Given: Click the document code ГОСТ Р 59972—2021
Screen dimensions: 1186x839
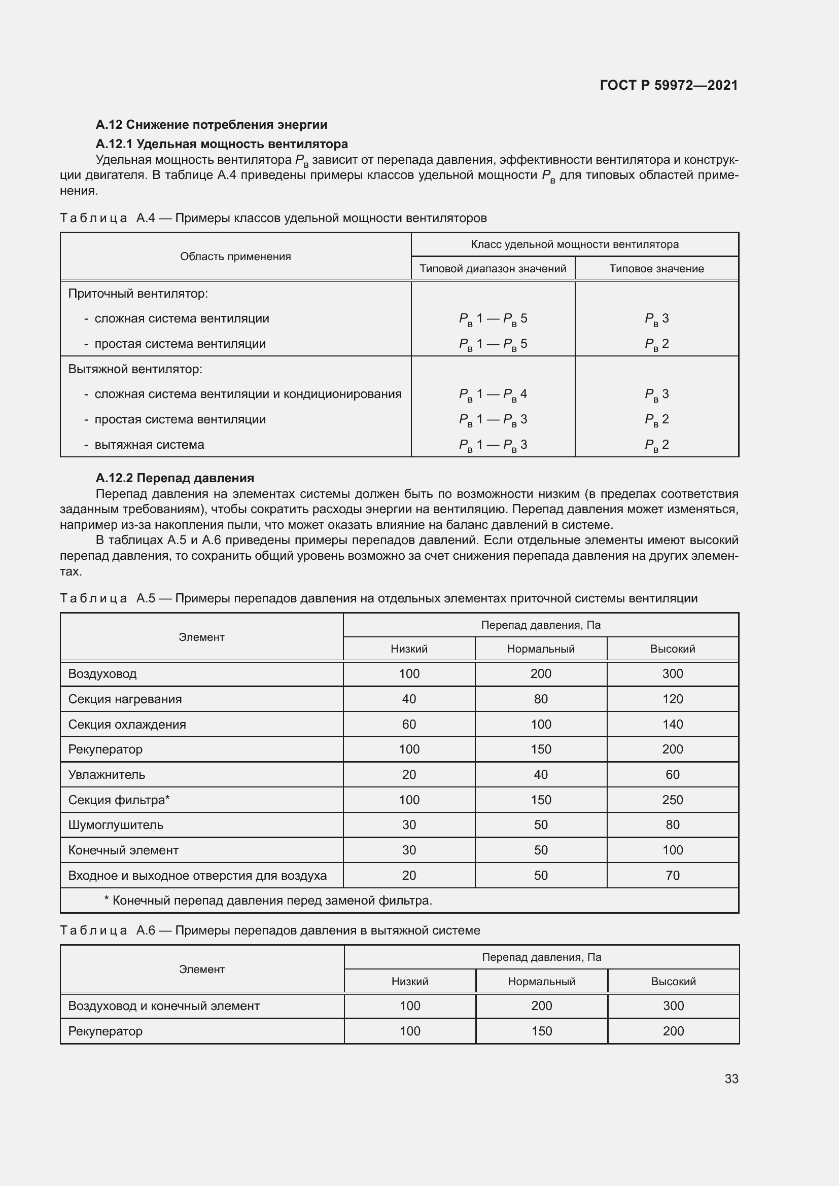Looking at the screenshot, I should point(669,85).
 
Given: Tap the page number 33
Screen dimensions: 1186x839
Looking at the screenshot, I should point(731,1079).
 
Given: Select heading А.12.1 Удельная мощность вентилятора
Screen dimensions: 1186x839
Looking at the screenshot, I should point(222,143).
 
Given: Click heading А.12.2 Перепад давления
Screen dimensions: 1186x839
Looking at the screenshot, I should point(174,478).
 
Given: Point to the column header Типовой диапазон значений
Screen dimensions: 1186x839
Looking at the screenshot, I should point(493,269).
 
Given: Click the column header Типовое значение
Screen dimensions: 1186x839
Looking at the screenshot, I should point(656,269).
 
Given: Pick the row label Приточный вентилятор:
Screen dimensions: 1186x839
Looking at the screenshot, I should point(138,294).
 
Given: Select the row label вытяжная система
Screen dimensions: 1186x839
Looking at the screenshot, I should point(149,445).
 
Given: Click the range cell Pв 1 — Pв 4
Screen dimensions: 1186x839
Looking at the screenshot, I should point(493,394).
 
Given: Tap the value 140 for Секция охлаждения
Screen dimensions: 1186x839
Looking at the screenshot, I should point(672,724).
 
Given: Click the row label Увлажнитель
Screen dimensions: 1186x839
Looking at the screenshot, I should point(107,775).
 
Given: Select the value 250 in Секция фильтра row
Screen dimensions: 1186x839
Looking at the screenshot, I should point(672,800).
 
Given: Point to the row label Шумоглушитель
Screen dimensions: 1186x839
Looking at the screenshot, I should point(116,825).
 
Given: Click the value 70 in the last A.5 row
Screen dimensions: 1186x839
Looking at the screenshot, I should point(672,876).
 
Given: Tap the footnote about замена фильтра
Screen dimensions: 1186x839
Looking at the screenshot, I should point(268,901).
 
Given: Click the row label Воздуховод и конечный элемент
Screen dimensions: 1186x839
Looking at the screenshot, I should point(164,1005).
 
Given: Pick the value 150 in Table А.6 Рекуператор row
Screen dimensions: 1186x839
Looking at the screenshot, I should point(541,1031).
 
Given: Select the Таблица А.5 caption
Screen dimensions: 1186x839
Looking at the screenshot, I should point(378,598).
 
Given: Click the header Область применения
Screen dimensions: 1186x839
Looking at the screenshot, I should point(235,257).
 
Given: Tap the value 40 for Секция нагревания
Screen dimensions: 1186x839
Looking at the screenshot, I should point(409,699).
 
